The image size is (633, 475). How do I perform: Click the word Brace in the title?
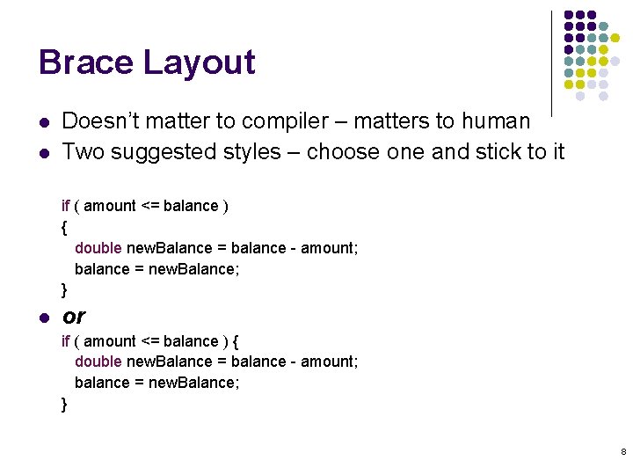click(x=85, y=62)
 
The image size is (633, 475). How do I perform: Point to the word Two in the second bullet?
click(x=81, y=151)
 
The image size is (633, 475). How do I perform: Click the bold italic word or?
click(x=74, y=316)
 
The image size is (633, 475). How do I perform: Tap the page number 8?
click(x=623, y=451)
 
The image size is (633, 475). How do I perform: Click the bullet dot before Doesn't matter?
click(x=43, y=121)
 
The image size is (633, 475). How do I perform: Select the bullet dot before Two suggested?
click(x=43, y=152)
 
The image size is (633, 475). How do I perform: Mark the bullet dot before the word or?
click(x=43, y=317)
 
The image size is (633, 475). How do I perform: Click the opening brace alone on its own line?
click(x=64, y=228)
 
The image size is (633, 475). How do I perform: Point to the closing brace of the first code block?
click(x=64, y=289)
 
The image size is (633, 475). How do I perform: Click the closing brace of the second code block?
click(x=64, y=404)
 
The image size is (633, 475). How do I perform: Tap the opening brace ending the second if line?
click(x=236, y=341)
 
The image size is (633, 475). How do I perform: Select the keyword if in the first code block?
click(x=65, y=206)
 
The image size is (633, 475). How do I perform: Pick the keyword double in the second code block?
click(x=98, y=362)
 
